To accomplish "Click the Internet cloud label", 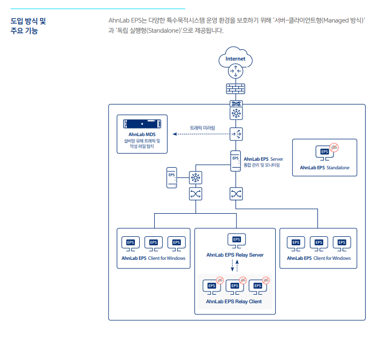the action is click(235, 59).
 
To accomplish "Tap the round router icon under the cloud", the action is click(236, 71).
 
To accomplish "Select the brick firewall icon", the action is click(236, 88).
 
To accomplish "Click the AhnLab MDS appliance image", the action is click(142, 124).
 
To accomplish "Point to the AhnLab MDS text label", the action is click(142, 134).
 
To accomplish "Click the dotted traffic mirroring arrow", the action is click(201, 134).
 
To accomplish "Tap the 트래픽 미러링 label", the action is click(202, 127).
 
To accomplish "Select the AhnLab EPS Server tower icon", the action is click(236, 161).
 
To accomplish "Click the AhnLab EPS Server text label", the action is click(263, 159).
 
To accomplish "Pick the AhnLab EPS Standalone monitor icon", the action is click(327, 152).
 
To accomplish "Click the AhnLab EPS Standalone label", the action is click(324, 168).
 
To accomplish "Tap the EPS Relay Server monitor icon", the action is click(237, 241).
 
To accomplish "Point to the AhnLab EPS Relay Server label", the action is click(235, 255).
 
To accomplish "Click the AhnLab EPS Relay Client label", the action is click(234, 302).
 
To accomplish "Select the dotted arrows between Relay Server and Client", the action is click(234, 266).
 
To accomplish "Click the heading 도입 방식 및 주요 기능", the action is click(28, 26).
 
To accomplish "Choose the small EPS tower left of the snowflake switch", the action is click(172, 177).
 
